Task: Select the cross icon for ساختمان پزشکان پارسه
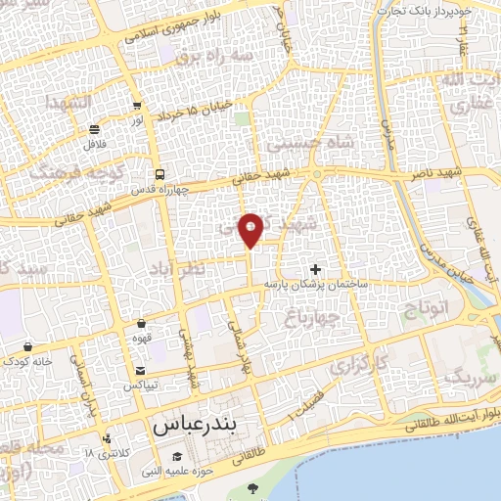pyautogui.click(x=315, y=268)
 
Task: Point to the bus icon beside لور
pyautogui.click(x=138, y=108)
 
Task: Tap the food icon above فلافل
pyautogui.click(x=94, y=129)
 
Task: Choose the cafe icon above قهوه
pyautogui.click(x=142, y=323)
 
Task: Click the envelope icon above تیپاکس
pyautogui.click(x=141, y=370)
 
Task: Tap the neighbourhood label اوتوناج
pyautogui.click(x=427, y=314)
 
